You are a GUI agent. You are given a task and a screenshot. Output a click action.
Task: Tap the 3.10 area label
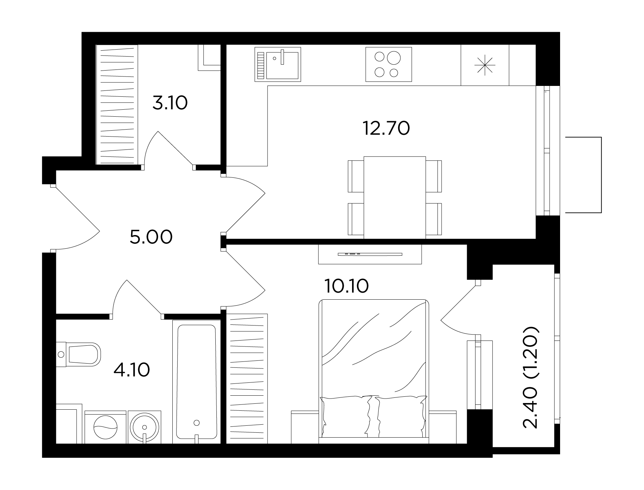[170, 103]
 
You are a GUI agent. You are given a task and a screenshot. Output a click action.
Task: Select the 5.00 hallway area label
[151, 237]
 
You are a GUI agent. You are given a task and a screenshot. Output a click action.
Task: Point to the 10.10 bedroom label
[346, 286]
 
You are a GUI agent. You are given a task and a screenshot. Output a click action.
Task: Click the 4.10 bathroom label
[132, 370]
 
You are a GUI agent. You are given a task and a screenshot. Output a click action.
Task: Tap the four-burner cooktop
[388, 65]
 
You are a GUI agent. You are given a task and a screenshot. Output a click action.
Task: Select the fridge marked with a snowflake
[485, 65]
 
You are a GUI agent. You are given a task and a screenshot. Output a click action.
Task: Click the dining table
[395, 197]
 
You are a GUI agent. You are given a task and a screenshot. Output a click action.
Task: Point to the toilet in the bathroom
[79, 354]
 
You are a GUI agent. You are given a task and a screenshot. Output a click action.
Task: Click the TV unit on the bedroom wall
[370, 254]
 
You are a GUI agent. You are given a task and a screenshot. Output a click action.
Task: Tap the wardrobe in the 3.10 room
[117, 104]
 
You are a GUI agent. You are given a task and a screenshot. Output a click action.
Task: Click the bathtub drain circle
[197, 423]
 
